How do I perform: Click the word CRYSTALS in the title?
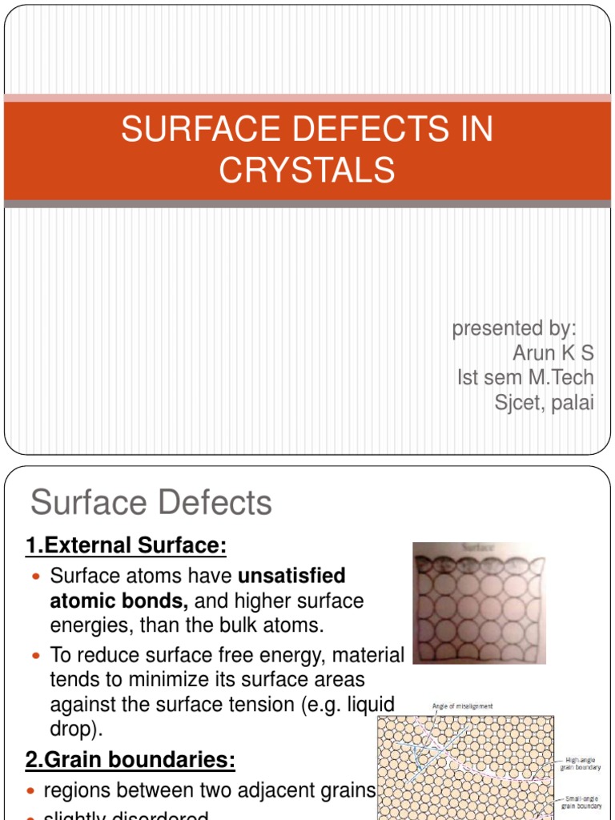(x=307, y=170)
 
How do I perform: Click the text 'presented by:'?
(x=515, y=328)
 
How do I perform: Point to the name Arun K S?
(x=553, y=353)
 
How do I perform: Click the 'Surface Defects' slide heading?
(x=151, y=503)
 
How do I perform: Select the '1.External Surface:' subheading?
(x=127, y=546)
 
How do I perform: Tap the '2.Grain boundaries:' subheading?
(x=131, y=759)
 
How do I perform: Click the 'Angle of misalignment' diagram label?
(x=462, y=705)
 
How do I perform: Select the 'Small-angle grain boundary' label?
(x=581, y=802)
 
